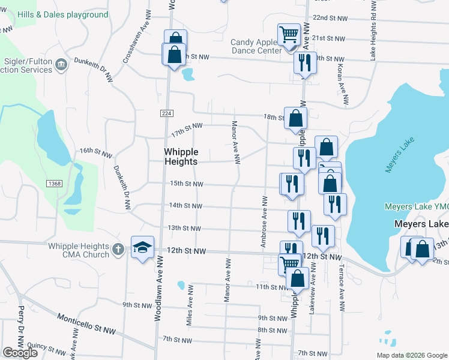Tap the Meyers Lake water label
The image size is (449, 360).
tap(397, 158)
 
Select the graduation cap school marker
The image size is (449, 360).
tap(143, 247)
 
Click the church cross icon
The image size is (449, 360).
tap(119, 248)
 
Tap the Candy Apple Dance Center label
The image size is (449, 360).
tap(256, 46)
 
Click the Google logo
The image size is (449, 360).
tap(20, 353)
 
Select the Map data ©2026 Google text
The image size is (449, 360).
tap(411, 355)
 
